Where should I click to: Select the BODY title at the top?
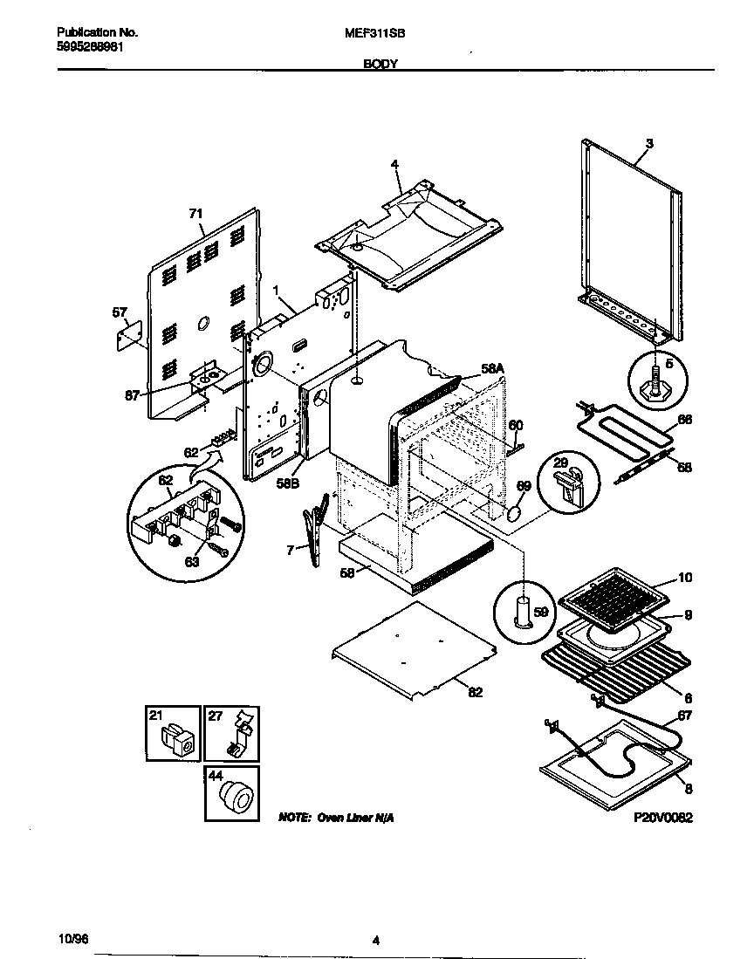pyautogui.click(x=377, y=65)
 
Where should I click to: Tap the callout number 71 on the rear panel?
pyautogui.click(x=195, y=213)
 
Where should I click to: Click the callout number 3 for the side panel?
pyautogui.click(x=649, y=142)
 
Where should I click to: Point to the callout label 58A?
pyautogui.click(x=492, y=370)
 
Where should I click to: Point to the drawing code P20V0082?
pyautogui.click(x=663, y=819)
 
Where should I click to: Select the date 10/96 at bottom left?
pyautogui.click(x=75, y=940)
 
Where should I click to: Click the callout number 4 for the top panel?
pyautogui.click(x=394, y=164)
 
